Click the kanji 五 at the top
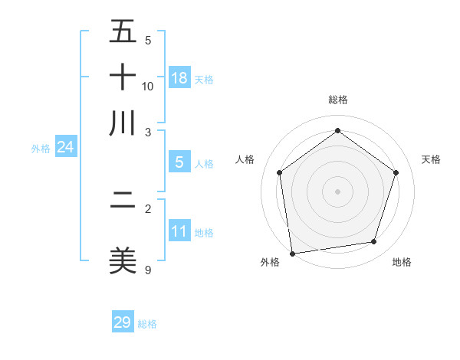pyautogui.click(x=123, y=32)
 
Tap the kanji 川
pyautogui.click(x=123, y=123)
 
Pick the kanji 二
pyautogui.click(x=123, y=201)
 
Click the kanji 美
pyautogui.click(x=123, y=260)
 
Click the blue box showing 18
pyautogui.click(x=179, y=78)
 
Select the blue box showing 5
pyautogui.click(x=179, y=162)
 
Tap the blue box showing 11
pyautogui.click(x=179, y=231)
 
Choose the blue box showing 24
pyautogui.click(x=65, y=147)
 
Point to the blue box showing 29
pyautogui.click(x=123, y=322)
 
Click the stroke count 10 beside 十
pyautogui.click(x=148, y=86)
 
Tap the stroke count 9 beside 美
pyautogui.click(x=148, y=269)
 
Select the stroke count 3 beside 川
pyautogui.click(x=148, y=131)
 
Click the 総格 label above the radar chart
pyautogui.click(x=337, y=100)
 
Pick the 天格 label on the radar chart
pyautogui.click(x=431, y=159)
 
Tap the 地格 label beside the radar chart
pyautogui.click(x=402, y=263)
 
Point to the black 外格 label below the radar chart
pyautogui.click(x=271, y=263)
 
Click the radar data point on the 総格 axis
pyautogui.click(x=337, y=131)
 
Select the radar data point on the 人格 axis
pyautogui.click(x=280, y=172)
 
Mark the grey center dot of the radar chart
pyautogui.click(x=337, y=191)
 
